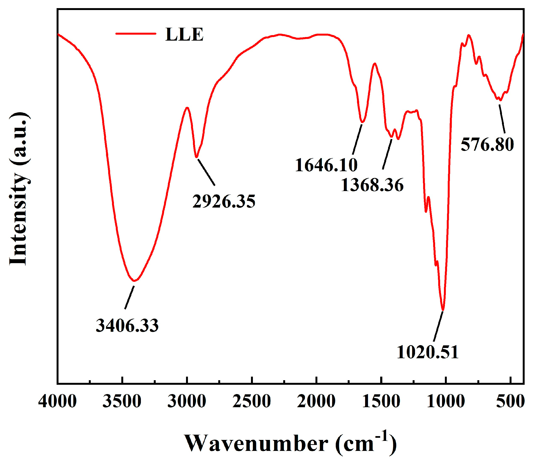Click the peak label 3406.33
coord(127,326)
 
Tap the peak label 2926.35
coord(224,201)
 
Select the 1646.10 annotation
coord(326,165)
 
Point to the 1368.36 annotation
coord(372,185)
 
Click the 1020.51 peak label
coord(427,352)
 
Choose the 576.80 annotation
coord(487,144)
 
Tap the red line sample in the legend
coord(136,33)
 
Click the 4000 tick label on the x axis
coord(57,401)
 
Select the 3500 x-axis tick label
coord(122,401)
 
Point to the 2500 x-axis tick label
coord(251,401)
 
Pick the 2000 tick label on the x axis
coord(316,401)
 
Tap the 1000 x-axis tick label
coord(446,401)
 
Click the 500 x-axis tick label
coord(510,401)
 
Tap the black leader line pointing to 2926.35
coord(206,172)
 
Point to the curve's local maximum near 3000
coord(187,107)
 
